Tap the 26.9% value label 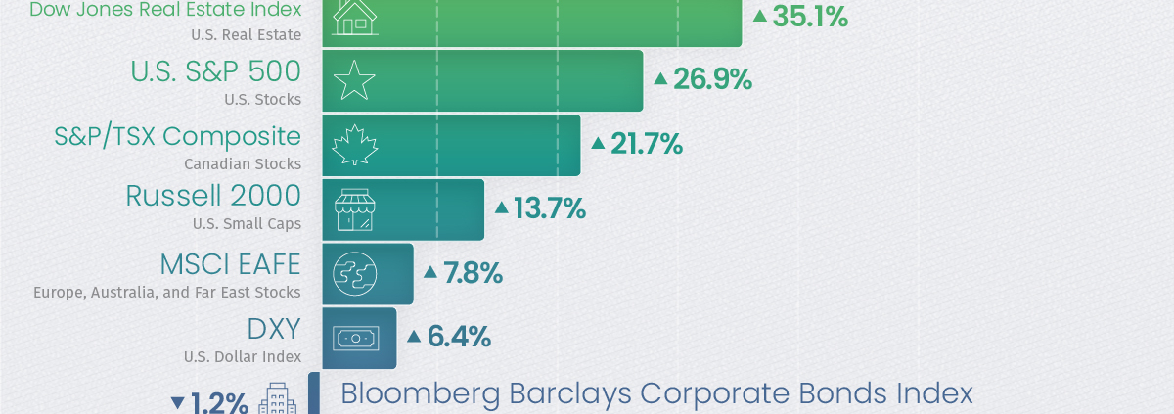[x=712, y=79]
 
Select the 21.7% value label [x=646, y=144]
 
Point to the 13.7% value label [x=550, y=208]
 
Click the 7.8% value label [x=473, y=273]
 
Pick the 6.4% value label [x=458, y=338]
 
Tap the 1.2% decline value [x=219, y=402]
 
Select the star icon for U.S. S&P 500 [x=354, y=80]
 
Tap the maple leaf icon [x=354, y=145]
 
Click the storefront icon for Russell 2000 [x=354, y=209]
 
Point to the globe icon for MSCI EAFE [x=354, y=274]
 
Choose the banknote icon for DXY [x=354, y=338]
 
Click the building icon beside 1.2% [x=277, y=399]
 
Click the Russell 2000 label [x=213, y=196]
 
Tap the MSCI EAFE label [x=230, y=264]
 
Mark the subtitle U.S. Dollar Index [x=243, y=356]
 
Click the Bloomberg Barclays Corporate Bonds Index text [x=656, y=394]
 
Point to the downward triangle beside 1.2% [x=177, y=402]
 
